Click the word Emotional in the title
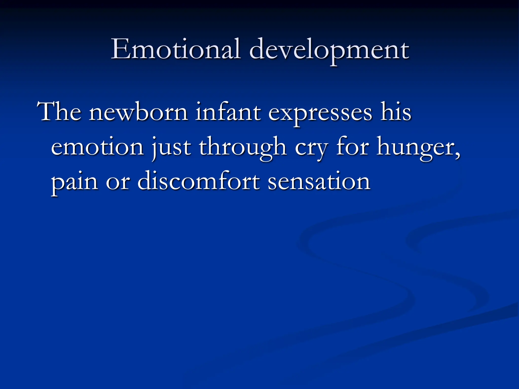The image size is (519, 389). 176,49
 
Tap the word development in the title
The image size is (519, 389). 329,50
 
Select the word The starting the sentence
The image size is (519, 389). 59,112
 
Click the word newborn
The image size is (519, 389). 138,112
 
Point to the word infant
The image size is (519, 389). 228,112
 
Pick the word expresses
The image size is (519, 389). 320,113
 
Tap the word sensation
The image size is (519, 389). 319,182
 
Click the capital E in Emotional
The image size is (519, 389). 120,49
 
